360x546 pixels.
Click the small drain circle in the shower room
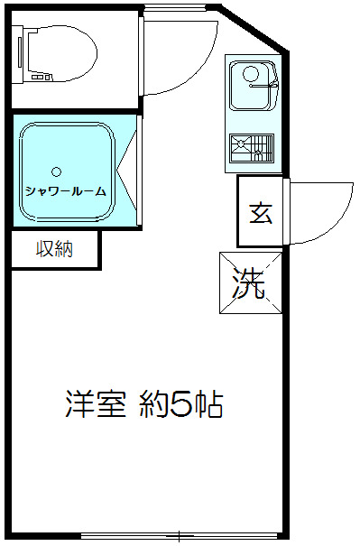click(x=57, y=171)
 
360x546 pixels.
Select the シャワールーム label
click(x=66, y=191)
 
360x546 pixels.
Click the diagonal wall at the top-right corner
click(x=254, y=28)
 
